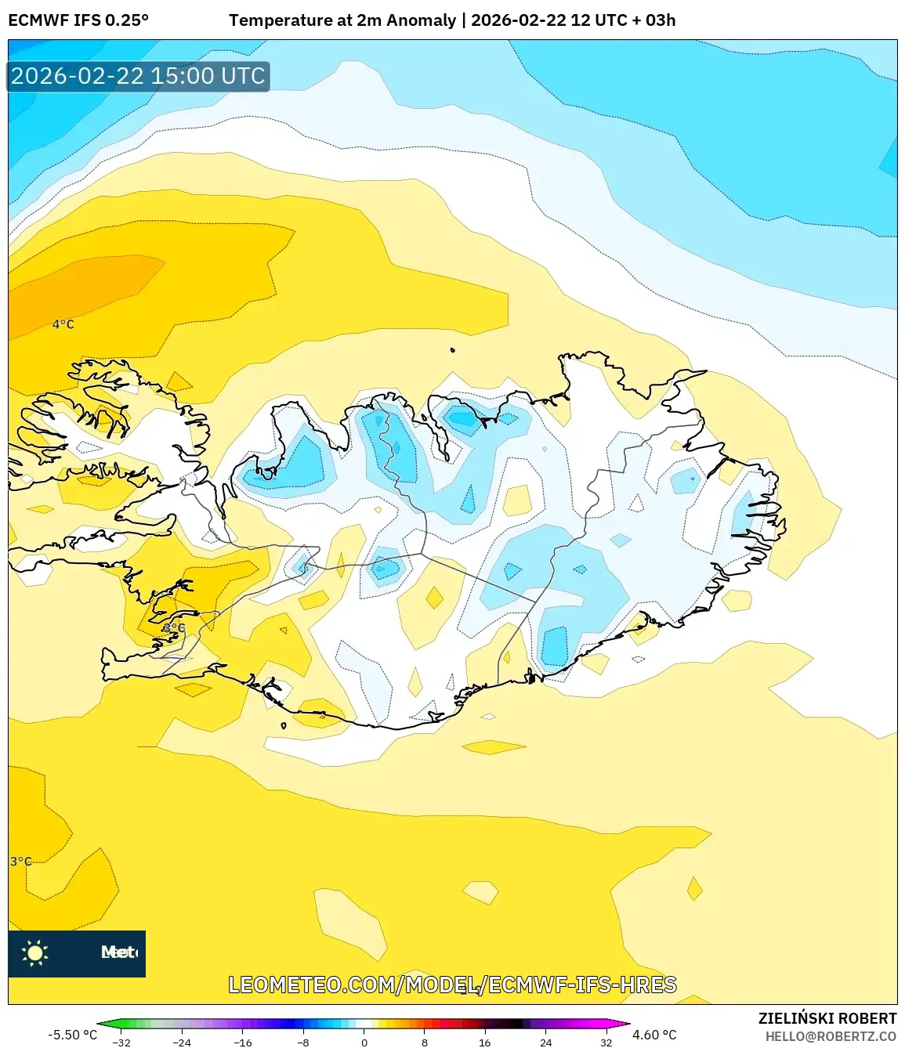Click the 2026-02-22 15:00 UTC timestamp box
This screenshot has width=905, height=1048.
(x=138, y=76)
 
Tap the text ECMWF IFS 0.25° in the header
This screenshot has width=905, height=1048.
(x=78, y=20)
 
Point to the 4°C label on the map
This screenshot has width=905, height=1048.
(x=63, y=324)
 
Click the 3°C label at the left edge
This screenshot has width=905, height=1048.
(x=21, y=862)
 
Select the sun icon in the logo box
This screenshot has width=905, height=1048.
(x=35, y=952)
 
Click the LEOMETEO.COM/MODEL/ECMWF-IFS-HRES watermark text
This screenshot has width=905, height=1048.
(x=452, y=985)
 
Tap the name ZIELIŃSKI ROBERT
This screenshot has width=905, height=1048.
(x=827, y=1018)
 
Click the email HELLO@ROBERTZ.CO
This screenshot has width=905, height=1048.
(x=831, y=1036)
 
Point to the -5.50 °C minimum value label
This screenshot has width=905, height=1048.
(x=73, y=1035)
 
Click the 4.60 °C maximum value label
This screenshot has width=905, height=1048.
(x=654, y=1035)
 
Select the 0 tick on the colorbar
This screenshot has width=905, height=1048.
(x=364, y=1043)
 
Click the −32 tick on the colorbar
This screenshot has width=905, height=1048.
(x=121, y=1043)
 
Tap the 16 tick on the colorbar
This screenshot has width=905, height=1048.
(x=485, y=1043)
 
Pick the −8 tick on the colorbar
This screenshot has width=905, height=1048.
(x=303, y=1043)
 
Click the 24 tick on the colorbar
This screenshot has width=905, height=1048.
(x=546, y=1043)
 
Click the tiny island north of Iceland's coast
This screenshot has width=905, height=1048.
(x=453, y=350)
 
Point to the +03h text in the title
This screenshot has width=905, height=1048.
(x=661, y=20)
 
